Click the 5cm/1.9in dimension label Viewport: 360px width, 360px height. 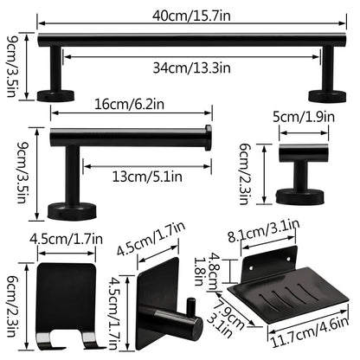(303, 115)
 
